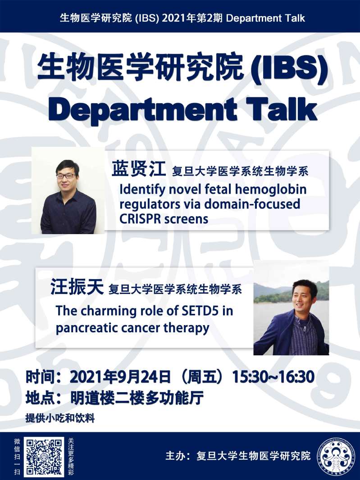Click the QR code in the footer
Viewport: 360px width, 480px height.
click(45, 457)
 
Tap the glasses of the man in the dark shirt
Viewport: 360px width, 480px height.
click(66, 176)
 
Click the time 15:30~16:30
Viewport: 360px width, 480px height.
click(273, 377)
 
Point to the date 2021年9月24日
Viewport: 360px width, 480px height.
click(120, 377)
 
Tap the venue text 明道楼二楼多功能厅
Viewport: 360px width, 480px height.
click(137, 398)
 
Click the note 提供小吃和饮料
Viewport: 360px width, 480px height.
click(60, 418)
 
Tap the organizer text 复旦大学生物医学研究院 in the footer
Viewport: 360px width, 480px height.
click(253, 456)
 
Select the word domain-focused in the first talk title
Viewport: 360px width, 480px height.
click(252, 204)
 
